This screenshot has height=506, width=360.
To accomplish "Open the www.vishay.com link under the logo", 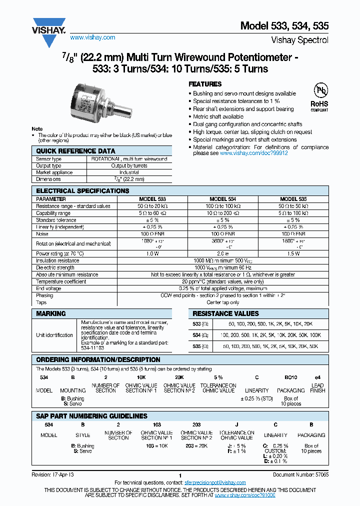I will pos(92,37).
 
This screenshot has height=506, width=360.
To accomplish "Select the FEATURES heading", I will pos(204,84).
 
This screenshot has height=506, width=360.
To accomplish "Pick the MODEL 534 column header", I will pos(222,198).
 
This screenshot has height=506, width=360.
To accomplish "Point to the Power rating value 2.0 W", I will pos(222,253).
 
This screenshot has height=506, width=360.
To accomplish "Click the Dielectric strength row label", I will pos(56,267).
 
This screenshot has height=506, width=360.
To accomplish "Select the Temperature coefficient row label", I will pos(61,281).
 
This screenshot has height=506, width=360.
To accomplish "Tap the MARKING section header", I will pos(51,313).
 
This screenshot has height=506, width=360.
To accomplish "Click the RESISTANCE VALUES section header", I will pos(226,313).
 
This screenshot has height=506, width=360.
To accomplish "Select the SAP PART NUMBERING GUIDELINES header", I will pos(92,416).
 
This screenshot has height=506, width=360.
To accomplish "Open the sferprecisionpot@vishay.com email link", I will pos(215,482).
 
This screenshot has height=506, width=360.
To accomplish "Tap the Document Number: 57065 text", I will pos(300,474).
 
